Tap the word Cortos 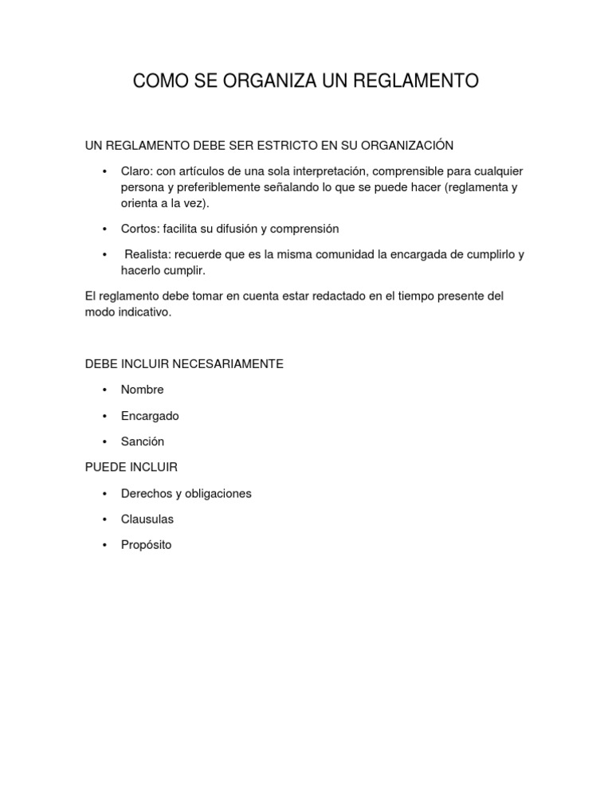139,229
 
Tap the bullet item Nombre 142,390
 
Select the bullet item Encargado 150,416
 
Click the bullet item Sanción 142,441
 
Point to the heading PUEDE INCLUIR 131,467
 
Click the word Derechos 146,493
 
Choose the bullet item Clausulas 147,519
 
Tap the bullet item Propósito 146,545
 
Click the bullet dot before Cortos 104,229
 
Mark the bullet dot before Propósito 104,546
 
